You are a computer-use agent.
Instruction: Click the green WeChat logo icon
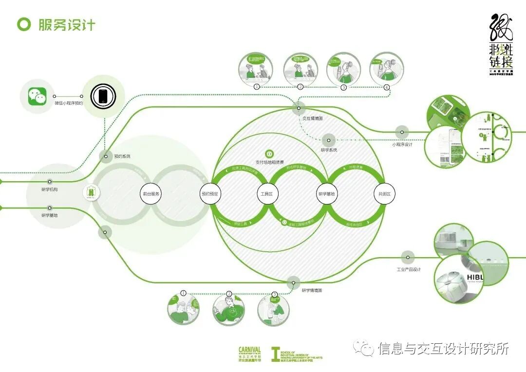click(x=37, y=96)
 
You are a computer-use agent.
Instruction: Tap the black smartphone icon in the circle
click(x=103, y=95)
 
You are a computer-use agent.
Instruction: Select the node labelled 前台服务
click(x=151, y=194)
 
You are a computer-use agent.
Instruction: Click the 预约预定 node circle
click(x=211, y=194)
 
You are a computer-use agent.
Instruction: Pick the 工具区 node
click(x=267, y=194)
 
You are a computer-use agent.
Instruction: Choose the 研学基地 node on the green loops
click(x=326, y=194)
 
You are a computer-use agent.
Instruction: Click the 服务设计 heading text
click(x=67, y=25)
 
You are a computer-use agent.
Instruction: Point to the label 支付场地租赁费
click(x=269, y=162)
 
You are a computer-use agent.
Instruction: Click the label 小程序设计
click(x=402, y=145)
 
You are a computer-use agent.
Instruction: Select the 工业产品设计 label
click(x=409, y=269)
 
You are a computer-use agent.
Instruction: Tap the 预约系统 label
click(x=122, y=156)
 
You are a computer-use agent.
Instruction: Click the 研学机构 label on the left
click(x=49, y=189)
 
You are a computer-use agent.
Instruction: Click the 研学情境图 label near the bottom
click(x=312, y=290)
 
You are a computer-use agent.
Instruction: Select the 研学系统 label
click(x=329, y=150)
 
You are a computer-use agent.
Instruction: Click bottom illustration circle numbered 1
click(x=183, y=308)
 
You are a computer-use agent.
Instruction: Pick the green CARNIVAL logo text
click(x=249, y=350)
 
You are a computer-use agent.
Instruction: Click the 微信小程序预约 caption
click(x=69, y=103)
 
